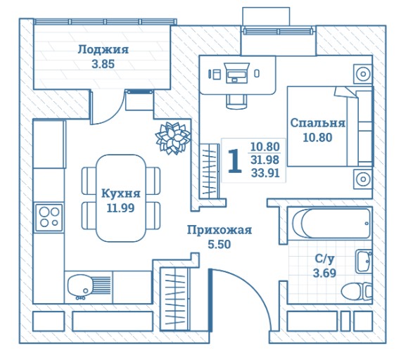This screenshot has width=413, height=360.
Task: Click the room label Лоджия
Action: (103, 50)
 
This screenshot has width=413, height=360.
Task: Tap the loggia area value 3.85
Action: (103, 64)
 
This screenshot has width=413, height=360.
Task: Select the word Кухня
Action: (121, 193)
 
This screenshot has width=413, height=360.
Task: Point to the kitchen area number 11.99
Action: (120, 208)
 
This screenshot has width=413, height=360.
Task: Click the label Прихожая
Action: (220, 230)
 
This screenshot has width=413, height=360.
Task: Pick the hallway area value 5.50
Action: (220, 244)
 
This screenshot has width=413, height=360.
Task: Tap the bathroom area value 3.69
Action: (324, 273)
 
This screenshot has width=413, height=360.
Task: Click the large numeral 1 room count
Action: (235, 161)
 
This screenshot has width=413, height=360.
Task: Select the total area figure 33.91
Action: (265, 173)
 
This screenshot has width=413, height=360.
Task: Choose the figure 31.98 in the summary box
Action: (265, 160)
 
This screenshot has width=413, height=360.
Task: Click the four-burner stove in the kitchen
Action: (49, 218)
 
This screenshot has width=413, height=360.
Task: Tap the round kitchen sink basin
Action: (79, 285)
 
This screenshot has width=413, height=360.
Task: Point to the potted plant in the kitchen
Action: (173, 138)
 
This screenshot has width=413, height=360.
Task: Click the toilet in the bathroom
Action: (357, 292)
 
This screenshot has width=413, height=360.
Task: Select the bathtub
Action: (330, 224)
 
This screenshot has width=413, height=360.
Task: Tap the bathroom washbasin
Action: (364, 262)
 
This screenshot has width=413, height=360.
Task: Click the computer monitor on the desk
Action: (237, 73)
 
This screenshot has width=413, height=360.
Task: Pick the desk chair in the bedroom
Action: (237, 101)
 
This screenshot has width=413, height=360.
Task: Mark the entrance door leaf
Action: (210, 300)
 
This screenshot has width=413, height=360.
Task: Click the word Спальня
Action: (317, 123)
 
